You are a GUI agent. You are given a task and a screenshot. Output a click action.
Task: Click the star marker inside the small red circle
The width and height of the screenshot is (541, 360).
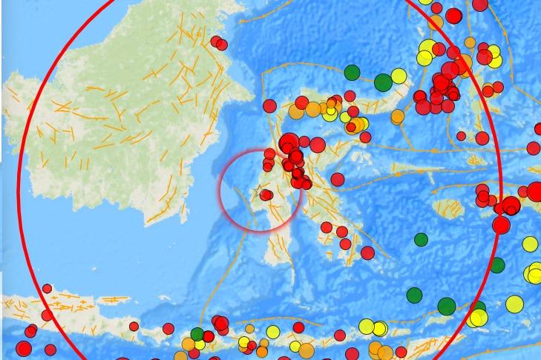point(258,194)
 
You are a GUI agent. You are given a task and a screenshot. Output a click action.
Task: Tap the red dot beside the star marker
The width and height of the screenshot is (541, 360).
point(266,195)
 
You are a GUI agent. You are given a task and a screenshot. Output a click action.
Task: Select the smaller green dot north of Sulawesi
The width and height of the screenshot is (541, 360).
point(352,73)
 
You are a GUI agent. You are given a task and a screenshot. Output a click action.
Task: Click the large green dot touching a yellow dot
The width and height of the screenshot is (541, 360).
point(383,82)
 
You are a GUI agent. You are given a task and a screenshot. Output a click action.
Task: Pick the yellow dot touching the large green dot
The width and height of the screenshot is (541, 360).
point(399,76)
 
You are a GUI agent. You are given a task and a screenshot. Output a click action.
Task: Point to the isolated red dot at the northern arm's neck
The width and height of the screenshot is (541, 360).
point(269,106)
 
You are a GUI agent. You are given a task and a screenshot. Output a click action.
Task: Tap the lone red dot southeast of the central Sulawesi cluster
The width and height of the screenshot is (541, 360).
point(338,179)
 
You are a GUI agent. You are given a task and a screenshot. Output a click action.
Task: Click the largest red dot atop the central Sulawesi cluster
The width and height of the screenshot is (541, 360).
point(289,143)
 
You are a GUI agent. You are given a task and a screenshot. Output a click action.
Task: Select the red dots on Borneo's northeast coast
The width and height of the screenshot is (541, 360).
point(219,43)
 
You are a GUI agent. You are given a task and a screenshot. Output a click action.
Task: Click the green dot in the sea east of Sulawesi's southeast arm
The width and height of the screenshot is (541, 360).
point(421,239)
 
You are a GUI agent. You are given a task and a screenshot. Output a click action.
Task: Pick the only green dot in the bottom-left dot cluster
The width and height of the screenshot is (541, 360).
point(197,333)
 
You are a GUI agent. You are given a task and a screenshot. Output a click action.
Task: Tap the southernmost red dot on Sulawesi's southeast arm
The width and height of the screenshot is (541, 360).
point(367,253)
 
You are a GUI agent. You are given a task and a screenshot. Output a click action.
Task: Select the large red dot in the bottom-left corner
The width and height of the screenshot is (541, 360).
point(24,349)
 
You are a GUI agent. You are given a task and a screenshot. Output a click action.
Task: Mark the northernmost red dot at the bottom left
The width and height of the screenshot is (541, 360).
point(47,289)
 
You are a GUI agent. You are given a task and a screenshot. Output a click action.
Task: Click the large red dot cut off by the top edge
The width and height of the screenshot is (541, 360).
point(480,4)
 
